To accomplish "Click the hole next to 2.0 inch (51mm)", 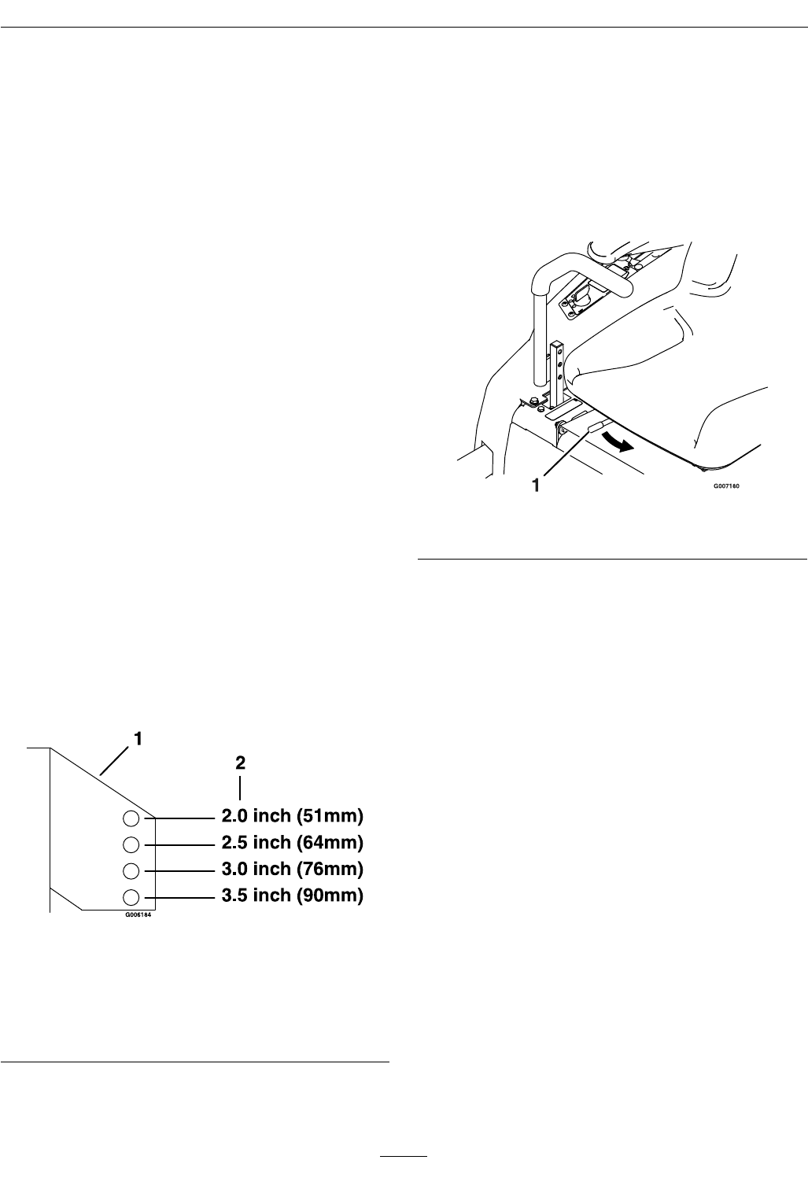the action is pos(131,818).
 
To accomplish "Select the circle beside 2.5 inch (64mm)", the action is pos(131,844).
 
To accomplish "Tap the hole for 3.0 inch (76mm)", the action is pos(131,870).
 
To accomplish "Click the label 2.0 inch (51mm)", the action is pos(290,815).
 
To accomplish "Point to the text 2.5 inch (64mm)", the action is pos(290,843).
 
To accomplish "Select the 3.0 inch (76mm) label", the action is pos(290,870).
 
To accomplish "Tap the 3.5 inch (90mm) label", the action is pos(290,896).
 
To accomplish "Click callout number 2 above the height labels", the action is pos(241,763).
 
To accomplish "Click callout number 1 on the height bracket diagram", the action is pos(138,739).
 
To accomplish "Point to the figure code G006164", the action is pos(137,915).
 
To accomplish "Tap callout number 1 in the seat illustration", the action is pos(537,486).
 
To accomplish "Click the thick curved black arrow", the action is pos(616,442).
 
